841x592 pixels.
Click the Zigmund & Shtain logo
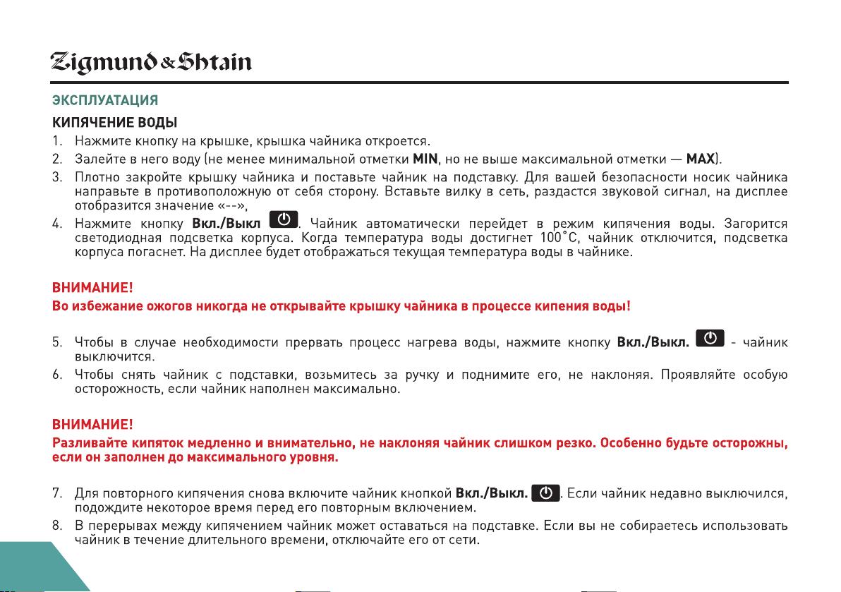(x=151, y=64)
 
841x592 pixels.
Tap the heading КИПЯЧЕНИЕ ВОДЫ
(x=110, y=123)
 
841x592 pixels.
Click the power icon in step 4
(x=284, y=219)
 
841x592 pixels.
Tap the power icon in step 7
(x=545, y=492)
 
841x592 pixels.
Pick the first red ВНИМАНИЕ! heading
(x=92, y=289)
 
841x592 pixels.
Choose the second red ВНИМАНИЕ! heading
(x=92, y=425)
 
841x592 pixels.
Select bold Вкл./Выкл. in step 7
(x=492, y=493)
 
